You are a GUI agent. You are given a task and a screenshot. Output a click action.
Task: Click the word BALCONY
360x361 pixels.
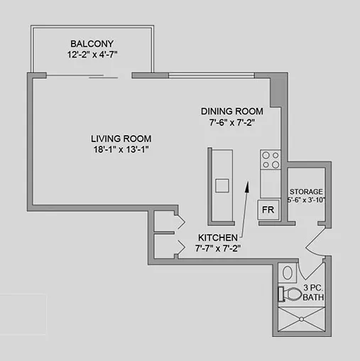(x=92, y=42)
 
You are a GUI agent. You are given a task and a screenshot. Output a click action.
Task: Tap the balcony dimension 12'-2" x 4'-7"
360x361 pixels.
(x=92, y=54)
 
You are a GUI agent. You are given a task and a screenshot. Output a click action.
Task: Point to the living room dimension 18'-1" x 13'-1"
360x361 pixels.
(x=121, y=149)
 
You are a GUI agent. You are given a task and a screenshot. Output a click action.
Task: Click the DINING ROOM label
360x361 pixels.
(x=232, y=111)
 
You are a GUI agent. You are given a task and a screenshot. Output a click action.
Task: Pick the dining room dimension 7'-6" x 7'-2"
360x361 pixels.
(x=232, y=123)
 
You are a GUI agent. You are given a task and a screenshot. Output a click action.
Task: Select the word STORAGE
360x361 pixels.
(x=306, y=192)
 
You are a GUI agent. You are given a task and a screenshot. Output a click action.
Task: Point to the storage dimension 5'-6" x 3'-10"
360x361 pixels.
(x=306, y=201)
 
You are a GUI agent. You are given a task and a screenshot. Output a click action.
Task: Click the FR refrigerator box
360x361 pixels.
(x=268, y=210)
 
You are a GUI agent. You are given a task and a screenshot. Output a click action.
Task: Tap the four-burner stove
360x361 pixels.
(x=270, y=161)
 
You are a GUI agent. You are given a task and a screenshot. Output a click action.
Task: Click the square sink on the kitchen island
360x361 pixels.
(x=222, y=186)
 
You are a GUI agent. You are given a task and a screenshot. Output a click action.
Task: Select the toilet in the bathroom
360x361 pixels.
(x=292, y=293)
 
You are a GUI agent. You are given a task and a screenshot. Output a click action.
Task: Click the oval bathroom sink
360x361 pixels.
(x=288, y=273)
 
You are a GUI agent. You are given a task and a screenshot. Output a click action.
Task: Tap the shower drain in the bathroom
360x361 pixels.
(x=302, y=321)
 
